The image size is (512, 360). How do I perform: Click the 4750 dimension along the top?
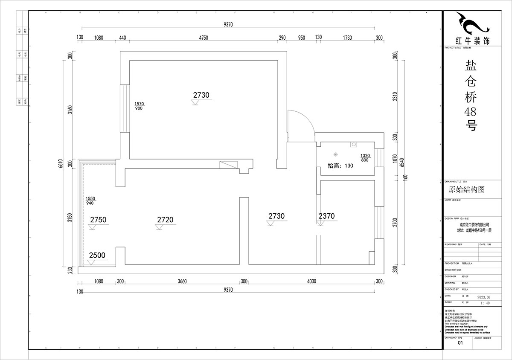203,38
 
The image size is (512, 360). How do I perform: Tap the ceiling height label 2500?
97,255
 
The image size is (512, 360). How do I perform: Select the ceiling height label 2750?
98,220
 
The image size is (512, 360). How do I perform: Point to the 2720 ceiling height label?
165,220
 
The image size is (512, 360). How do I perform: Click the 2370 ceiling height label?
326,216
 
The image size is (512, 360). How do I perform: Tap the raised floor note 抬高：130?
340,166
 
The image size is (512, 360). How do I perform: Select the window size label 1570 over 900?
139,106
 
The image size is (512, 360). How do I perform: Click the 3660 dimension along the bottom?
182,281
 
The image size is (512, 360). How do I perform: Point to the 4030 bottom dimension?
311,281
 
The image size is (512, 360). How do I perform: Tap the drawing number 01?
460,343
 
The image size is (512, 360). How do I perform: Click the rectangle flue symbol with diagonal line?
228,165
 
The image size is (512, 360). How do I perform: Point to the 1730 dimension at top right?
347,38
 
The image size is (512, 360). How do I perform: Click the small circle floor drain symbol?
336,154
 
